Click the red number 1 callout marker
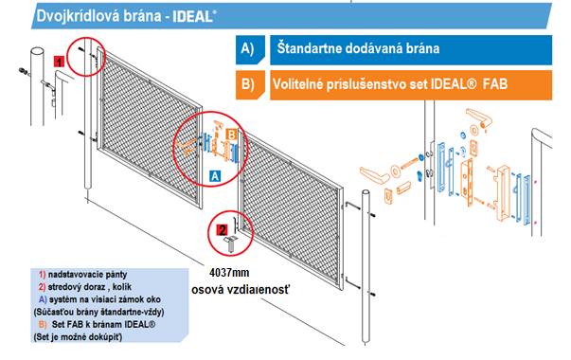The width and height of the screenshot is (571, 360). point(59,62)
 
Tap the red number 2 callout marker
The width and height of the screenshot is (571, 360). point(222,230)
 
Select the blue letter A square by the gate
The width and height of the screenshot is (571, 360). point(215,176)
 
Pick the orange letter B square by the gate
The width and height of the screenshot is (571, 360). point(231,135)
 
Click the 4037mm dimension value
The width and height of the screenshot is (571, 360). point(229,273)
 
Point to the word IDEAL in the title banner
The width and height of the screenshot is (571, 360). point(192,17)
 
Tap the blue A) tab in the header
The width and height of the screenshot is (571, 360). point(250,49)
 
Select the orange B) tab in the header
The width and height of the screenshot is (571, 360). point(250,85)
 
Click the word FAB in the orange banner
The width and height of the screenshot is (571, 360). point(495,84)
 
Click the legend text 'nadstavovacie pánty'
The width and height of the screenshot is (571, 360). point(87,275)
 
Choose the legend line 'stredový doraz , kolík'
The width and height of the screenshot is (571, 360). point(90,287)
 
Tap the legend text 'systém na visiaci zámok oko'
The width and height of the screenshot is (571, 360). point(105,299)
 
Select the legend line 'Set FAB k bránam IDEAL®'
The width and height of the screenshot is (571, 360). point(103,324)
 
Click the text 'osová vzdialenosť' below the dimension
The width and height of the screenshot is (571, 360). point(241,290)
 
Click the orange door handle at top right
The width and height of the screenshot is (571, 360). point(479,117)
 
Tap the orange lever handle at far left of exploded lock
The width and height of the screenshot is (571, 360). point(374,175)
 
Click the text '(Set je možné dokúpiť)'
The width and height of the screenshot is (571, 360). point(78,337)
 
